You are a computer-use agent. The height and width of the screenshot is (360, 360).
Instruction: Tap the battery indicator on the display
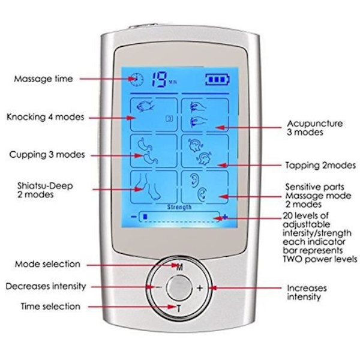[x=215, y=78]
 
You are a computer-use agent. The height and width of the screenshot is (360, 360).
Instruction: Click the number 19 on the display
[x=159, y=79]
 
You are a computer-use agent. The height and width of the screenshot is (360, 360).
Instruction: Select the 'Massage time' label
[x=44, y=79]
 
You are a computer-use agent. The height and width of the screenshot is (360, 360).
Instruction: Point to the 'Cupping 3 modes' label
[x=46, y=154]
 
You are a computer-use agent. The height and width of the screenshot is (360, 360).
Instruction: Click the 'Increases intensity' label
[x=307, y=292]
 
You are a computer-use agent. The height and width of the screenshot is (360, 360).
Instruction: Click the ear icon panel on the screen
[x=205, y=187]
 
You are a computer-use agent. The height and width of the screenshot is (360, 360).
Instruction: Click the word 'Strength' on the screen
[x=180, y=207]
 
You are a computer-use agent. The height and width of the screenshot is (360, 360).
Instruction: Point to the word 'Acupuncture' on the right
[x=315, y=124]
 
